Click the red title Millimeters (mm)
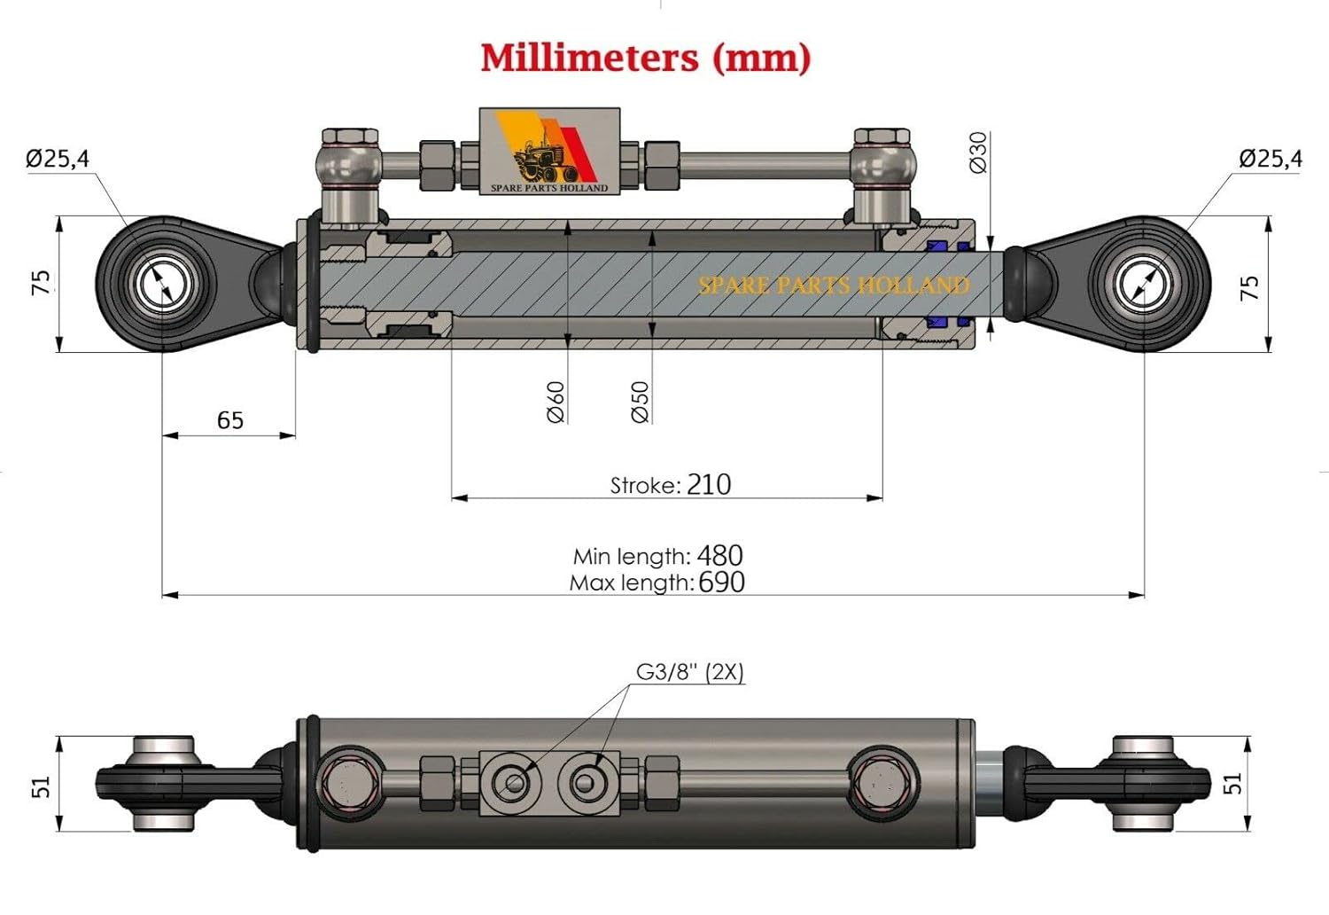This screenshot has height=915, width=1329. [645, 58]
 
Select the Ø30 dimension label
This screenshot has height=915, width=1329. [978, 152]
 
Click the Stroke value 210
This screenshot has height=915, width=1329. [709, 484]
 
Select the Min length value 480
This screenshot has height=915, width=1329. [719, 556]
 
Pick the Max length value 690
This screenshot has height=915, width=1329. [721, 583]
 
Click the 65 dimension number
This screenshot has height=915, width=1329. [229, 420]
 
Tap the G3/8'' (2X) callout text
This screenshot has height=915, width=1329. [689, 672]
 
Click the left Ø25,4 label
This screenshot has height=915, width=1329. [58, 159]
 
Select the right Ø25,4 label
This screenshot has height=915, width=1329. [1271, 159]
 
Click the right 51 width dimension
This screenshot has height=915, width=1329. [1232, 783]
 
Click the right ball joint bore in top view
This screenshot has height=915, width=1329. [1145, 285]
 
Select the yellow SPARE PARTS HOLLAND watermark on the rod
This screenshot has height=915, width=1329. [833, 285]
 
